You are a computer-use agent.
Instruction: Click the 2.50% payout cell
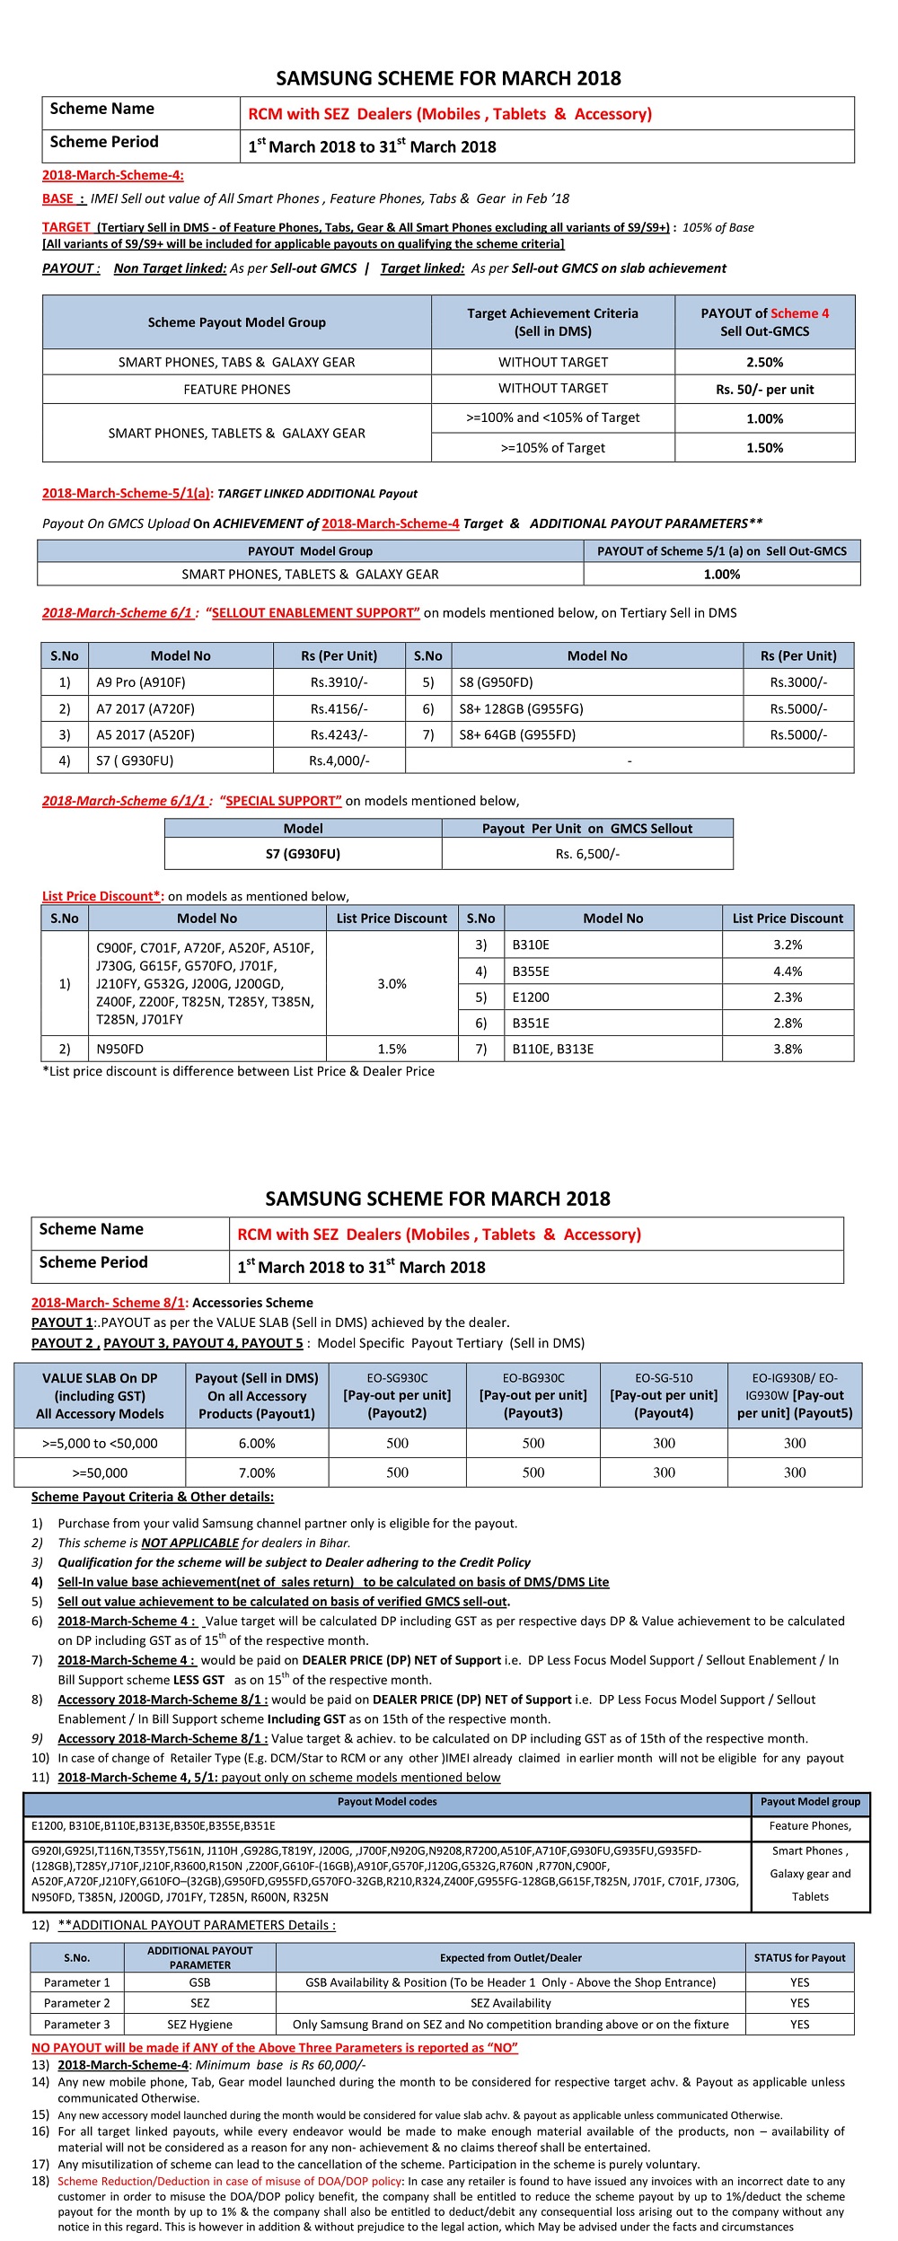point(764,362)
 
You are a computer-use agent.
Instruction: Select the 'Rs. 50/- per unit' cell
point(764,389)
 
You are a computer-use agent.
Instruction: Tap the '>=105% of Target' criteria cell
point(552,447)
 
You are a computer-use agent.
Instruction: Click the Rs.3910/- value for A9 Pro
point(339,682)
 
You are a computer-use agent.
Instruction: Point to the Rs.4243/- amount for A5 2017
point(339,734)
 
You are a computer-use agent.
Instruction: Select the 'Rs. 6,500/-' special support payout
point(587,854)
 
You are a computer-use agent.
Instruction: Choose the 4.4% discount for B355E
point(788,971)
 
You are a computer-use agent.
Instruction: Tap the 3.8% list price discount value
point(788,1049)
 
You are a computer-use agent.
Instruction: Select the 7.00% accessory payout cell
point(257,1472)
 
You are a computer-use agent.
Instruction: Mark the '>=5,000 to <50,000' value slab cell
point(100,1443)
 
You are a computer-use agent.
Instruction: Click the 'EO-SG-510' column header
point(664,1395)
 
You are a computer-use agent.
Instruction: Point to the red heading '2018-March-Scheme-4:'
point(113,175)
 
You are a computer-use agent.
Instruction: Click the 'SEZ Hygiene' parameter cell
point(199,2024)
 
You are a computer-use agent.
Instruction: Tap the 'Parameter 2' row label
point(77,2003)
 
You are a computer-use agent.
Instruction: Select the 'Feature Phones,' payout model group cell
point(810,1825)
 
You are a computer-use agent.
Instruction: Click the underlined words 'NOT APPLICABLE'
point(190,1542)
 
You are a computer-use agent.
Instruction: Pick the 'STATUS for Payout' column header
point(799,1957)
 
